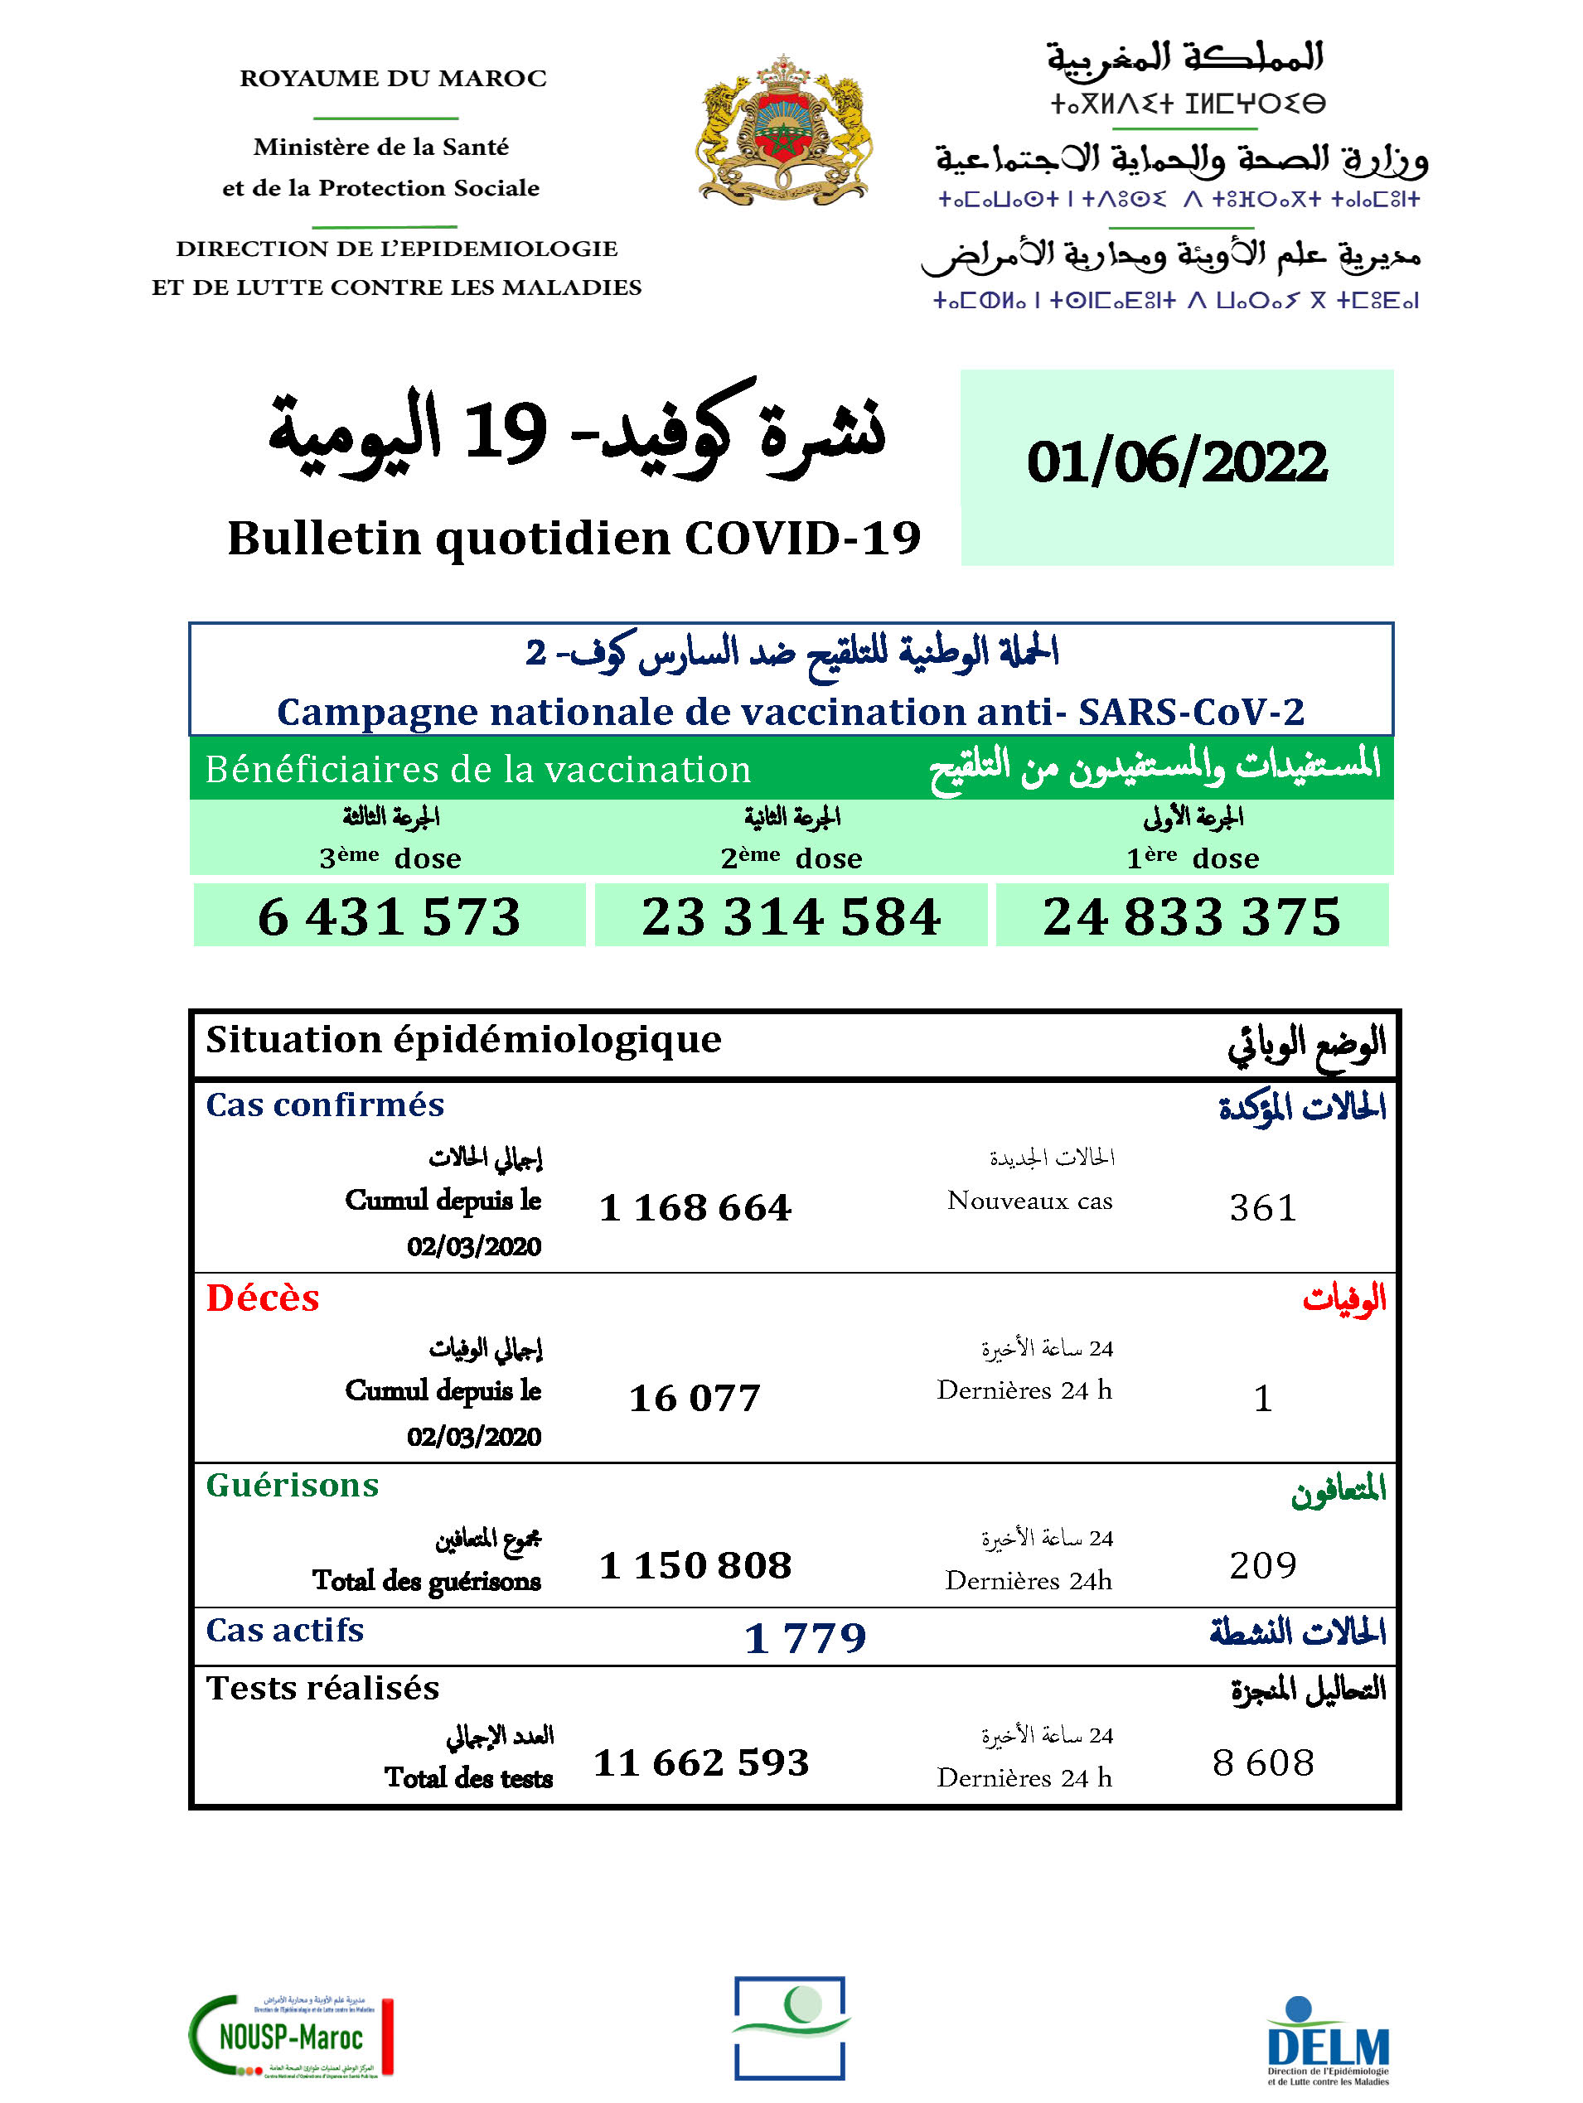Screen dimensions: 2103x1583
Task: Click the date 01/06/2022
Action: tap(1176, 463)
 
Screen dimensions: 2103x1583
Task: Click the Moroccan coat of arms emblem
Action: tap(782, 130)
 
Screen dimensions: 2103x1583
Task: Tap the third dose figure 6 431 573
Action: tap(389, 916)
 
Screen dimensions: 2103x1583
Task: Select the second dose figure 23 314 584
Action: tap(791, 916)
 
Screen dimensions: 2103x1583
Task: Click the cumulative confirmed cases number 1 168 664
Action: tap(695, 1207)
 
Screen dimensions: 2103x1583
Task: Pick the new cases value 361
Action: tap(1262, 1207)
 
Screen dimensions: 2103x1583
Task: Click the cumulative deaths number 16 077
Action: tap(695, 1398)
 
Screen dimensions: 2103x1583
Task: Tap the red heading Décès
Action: tap(263, 1298)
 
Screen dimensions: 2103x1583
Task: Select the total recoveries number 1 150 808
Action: tap(695, 1565)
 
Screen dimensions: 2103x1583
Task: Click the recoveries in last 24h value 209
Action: tap(1262, 1565)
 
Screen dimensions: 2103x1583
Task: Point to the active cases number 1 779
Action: tap(806, 1637)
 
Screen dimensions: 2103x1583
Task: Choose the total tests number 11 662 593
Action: tap(700, 1762)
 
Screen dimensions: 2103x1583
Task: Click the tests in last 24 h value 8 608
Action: tap(1262, 1762)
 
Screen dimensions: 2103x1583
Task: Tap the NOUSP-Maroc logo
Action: tap(291, 2036)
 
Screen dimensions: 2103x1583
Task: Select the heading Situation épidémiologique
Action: tap(464, 1040)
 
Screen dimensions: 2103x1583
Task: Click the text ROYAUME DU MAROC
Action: tap(393, 78)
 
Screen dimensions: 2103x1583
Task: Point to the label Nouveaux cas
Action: tap(1029, 1201)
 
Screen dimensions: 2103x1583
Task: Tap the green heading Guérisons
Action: tap(292, 1486)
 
